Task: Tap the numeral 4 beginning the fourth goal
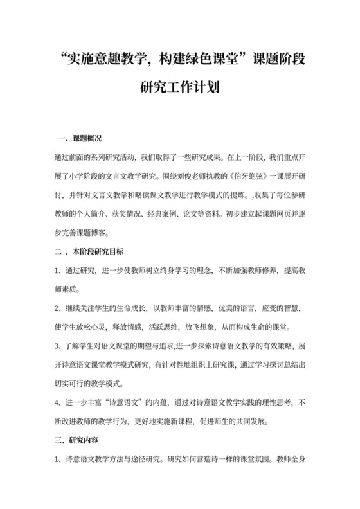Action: (59, 403)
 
